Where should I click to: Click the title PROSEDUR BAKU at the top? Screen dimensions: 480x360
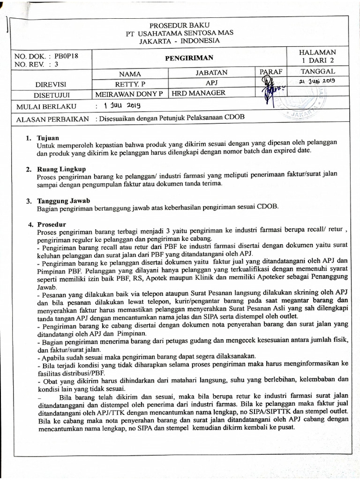pyautogui.click(x=180, y=25)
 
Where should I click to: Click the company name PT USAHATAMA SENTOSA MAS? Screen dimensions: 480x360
pyautogui.click(x=180, y=33)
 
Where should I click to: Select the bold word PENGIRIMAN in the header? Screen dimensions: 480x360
pyautogui.click(x=189, y=58)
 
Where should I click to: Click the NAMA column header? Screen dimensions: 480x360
pyautogui.click(x=130, y=74)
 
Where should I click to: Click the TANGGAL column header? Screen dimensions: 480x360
pyautogui.click(x=319, y=71)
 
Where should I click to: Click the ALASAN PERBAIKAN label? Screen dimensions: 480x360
pyautogui.click(x=52, y=119)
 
